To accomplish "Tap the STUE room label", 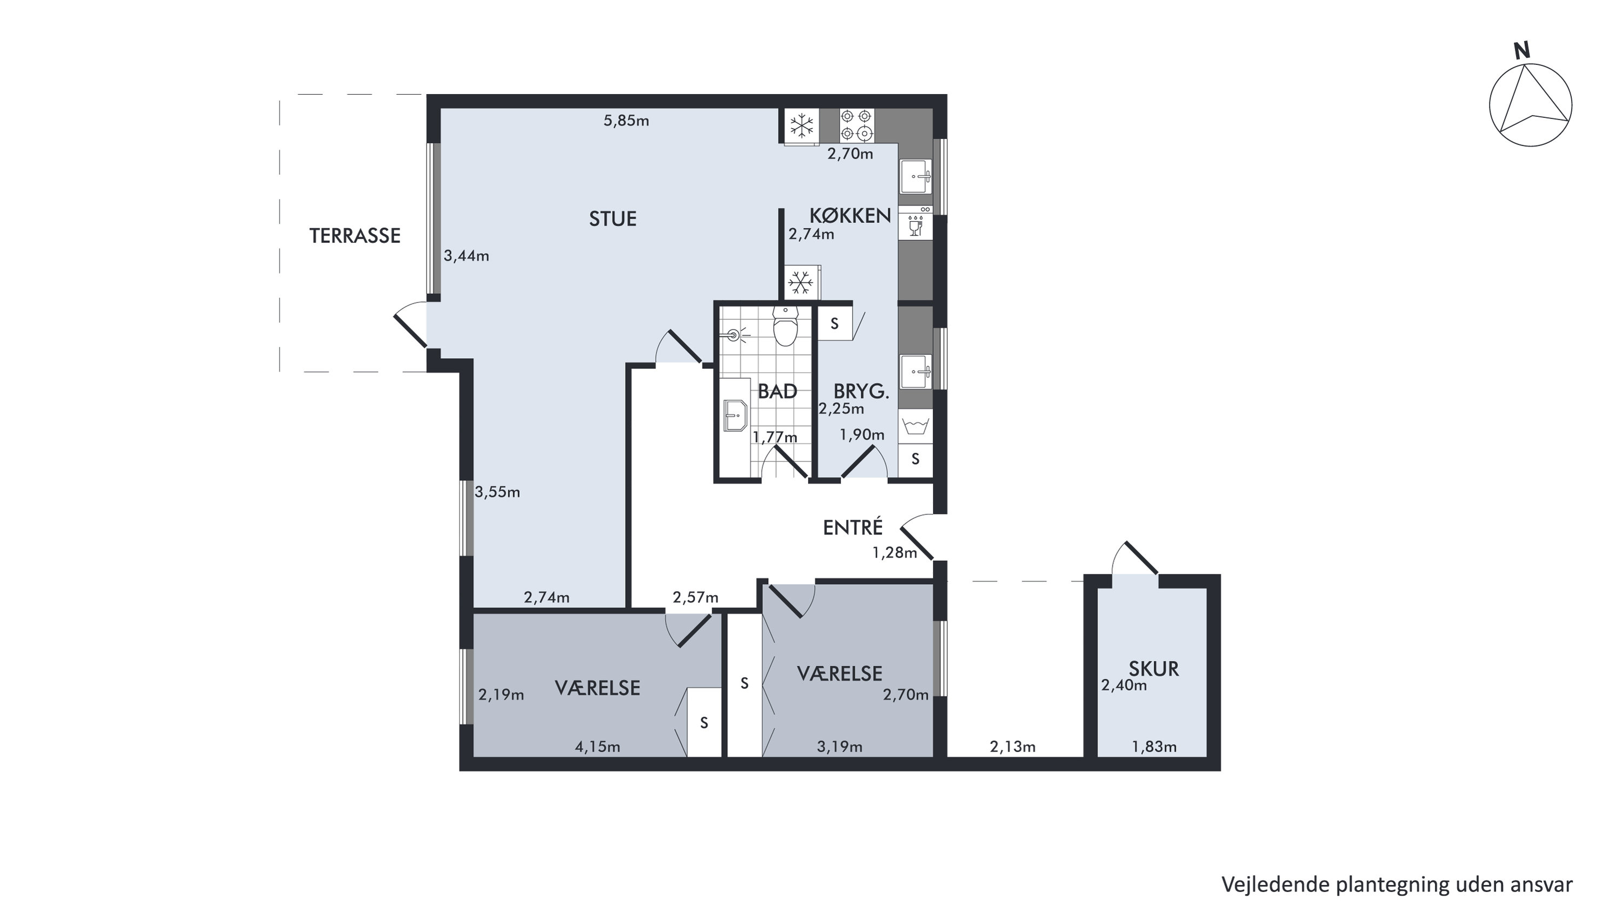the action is point(613,219).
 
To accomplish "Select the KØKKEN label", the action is point(849,215).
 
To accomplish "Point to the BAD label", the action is point(777,391).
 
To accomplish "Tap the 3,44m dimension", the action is point(466,256).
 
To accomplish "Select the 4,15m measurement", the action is point(597,747).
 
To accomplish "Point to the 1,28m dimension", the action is point(894,553).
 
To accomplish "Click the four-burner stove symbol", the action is point(856,125).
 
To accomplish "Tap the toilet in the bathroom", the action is point(785,326).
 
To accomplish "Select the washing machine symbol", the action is point(915,426).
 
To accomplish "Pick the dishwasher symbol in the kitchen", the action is point(915,222).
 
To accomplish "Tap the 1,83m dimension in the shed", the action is point(1154,747).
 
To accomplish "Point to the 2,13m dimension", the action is point(1013,747).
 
